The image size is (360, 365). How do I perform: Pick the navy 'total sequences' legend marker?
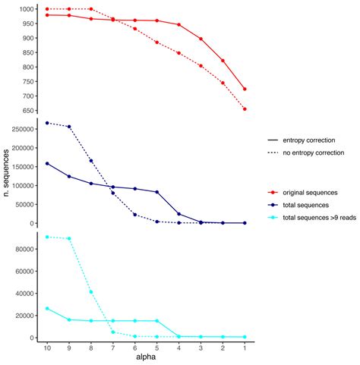[271, 206]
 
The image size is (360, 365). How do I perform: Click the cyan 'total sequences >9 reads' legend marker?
[271, 219]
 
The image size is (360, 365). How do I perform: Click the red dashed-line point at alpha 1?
[245, 109]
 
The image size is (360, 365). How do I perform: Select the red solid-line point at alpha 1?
[245, 89]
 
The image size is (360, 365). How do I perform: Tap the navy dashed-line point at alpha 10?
[47, 123]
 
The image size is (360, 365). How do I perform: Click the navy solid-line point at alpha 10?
[47, 163]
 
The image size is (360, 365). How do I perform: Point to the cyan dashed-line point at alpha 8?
[91, 291]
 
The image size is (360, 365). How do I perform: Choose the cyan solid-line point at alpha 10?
[47, 308]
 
